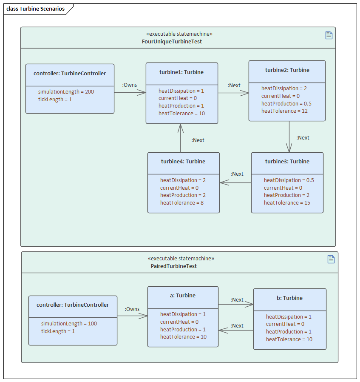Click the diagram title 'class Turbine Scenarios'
point(35,9)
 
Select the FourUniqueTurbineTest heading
point(172,42)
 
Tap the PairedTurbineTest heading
point(174,266)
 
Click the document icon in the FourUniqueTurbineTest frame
point(329,35)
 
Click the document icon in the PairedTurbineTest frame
point(331,259)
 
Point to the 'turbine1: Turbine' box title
point(181,72)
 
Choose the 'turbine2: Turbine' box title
point(287,70)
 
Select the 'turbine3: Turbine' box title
point(287,162)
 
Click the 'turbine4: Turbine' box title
point(183,162)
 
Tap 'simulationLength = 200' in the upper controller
point(66,92)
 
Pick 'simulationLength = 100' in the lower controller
point(69,324)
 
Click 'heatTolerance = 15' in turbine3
point(287,203)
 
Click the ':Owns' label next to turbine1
point(130,85)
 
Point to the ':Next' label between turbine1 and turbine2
point(234,86)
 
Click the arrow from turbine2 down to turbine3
point(289,137)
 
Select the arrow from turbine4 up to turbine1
point(181,138)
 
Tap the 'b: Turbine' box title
point(289,298)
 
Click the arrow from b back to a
point(236,330)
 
